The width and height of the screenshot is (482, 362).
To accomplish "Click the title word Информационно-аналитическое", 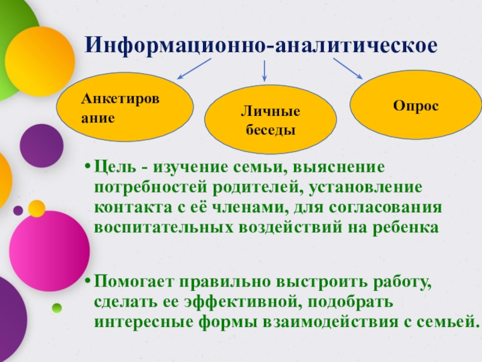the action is [260, 46].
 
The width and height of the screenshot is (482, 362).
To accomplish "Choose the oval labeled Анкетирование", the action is [125, 107].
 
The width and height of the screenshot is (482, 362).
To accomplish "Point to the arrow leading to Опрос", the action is [348, 68].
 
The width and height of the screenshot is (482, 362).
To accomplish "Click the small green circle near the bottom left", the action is [57, 308].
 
